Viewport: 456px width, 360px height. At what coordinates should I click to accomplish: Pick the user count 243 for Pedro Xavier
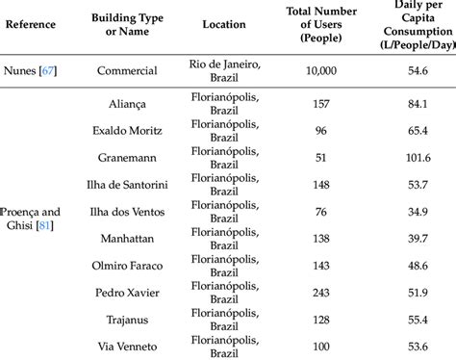pyautogui.click(x=323, y=290)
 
